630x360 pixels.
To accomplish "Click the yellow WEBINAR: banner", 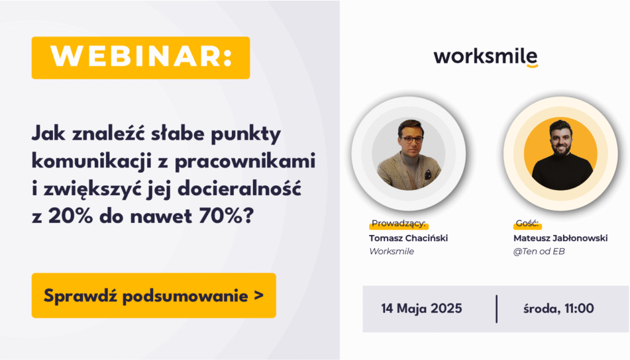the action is click(141, 57).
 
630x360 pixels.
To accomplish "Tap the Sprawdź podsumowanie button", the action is click(154, 295).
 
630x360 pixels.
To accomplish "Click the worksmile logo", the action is click(485, 57).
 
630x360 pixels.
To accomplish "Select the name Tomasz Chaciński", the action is click(409, 238).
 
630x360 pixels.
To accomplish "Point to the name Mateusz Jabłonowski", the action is click(560, 238).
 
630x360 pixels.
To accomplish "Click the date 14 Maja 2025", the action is click(421, 308).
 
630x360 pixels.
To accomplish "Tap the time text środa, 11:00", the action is click(559, 308).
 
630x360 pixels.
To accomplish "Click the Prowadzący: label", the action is click(399, 224).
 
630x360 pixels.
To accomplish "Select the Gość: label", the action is click(527, 224).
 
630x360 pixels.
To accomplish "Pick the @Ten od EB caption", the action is click(539, 252).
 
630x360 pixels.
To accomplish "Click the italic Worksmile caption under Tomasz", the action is click(392, 252).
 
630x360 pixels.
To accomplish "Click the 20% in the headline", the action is click(71, 217).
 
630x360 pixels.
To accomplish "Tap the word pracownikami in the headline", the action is click(245, 162).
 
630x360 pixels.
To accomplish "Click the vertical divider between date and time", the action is click(496, 309).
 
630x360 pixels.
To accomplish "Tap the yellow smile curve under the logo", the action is click(532, 66).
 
